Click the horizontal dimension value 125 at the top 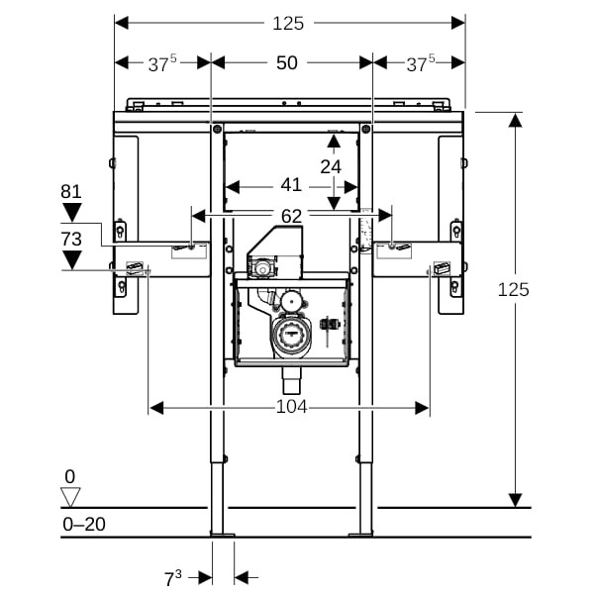pyautogui.click(x=288, y=22)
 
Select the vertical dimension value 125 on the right pyautogui.click(x=514, y=289)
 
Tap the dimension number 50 pyautogui.click(x=287, y=62)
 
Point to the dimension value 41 pyautogui.click(x=290, y=184)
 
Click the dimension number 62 pyautogui.click(x=291, y=215)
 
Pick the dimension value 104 pyautogui.click(x=291, y=407)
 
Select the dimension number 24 pyautogui.click(x=331, y=166)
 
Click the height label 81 pyautogui.click(x=70, y=191)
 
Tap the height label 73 pyautogui.click(x=70, y=239)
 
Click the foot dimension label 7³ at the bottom pyautogui.click(x=174, y=576)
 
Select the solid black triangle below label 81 pyautogui.click(x=71, y=212)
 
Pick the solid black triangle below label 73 pyautogui.click(x=71, y=260)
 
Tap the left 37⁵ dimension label pyautogui.click(x=162, y=62)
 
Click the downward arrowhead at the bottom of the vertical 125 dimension pyautogui.click(x=516, y=500)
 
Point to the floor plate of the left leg pyautogui.click(x=223, y=537)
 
